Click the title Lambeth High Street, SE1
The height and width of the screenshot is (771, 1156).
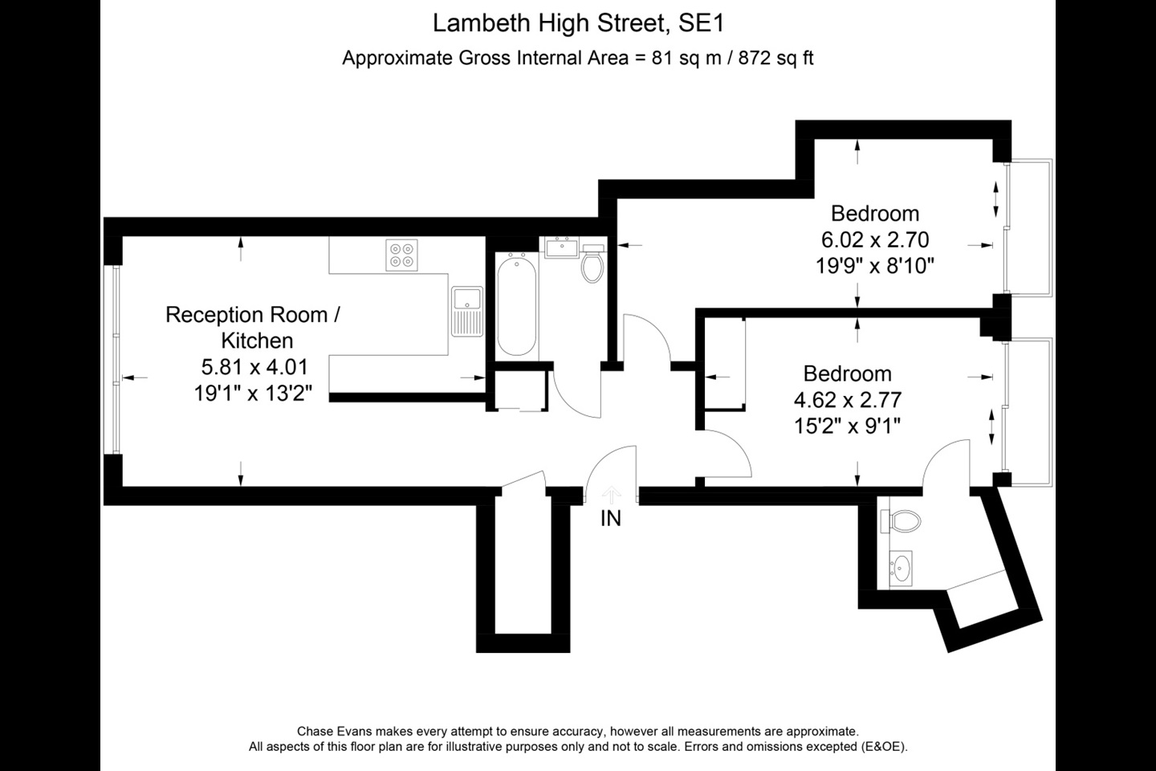578,23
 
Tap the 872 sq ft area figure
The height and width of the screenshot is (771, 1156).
775,58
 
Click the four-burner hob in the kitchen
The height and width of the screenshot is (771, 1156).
401,255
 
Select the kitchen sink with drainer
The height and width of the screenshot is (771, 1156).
467,312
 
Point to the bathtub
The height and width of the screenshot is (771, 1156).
517,306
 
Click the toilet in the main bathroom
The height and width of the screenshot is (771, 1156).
592,264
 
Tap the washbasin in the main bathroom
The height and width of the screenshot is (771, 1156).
561,247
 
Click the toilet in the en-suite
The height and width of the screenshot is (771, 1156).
901,521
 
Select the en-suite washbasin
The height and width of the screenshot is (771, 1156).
901,569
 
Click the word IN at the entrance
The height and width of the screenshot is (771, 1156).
610,519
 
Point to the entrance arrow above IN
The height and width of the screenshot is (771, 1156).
612,495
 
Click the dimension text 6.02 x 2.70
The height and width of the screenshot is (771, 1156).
875,239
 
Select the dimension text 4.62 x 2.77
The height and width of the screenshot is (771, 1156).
848,400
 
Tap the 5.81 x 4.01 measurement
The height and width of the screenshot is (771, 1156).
254,367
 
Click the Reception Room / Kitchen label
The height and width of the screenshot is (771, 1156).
253,328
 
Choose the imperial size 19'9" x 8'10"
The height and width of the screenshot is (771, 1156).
875,266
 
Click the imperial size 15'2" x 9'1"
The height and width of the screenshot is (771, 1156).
848,426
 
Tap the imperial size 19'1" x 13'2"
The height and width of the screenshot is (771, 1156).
254,394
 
